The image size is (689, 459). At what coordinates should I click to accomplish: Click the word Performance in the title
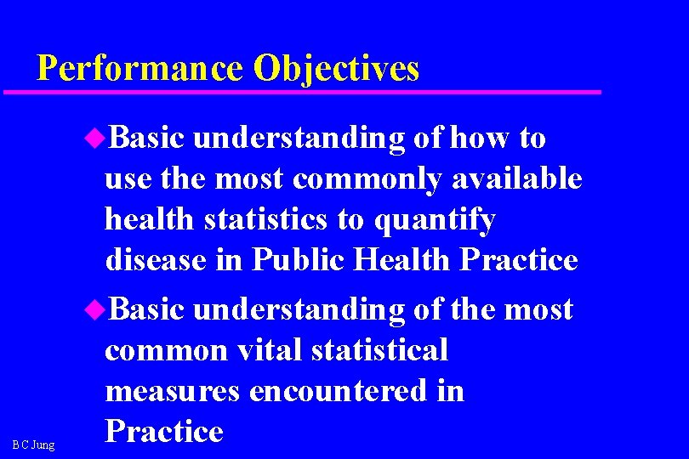coord(140,68)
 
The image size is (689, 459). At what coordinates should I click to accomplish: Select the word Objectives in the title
coord(336,68)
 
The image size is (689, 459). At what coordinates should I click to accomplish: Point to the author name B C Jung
coord(33,445)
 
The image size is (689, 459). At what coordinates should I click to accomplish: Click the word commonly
coord(368,179)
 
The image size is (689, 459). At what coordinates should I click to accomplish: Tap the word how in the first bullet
coord(480,138)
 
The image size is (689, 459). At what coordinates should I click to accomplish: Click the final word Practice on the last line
coord(163,432)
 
